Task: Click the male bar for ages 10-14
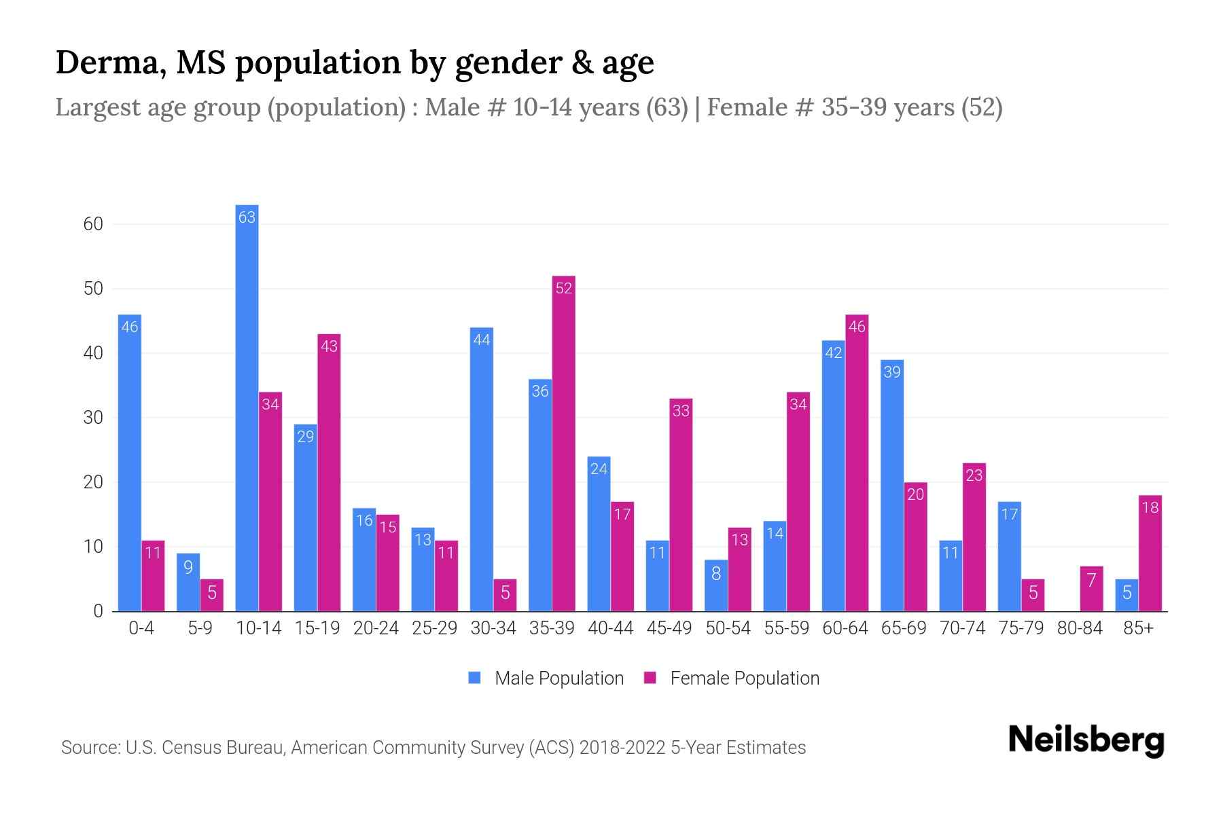[x=247, y=407]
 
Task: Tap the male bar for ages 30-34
[x=482, y=469]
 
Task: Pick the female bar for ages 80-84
[x=1091, y=589]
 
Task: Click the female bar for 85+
[x=1150, y=554]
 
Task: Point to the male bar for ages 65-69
[x=892, y=486]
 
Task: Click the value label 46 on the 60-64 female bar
[x=857, y=327]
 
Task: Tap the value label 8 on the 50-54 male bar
[x=716, y=574]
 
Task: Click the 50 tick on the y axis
[x=93, y=289]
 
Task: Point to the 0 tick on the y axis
[x=98, y=611]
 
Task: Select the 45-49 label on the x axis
[x=669, y=628]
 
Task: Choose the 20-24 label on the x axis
[x=376, y=628]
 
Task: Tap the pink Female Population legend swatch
[x=650, y=678]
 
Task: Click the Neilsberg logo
[x=1086, y=740]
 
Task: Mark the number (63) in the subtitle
[x=667, y=107]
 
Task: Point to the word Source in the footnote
[x=90, y=748]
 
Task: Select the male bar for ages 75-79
[x=1009, y=557]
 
